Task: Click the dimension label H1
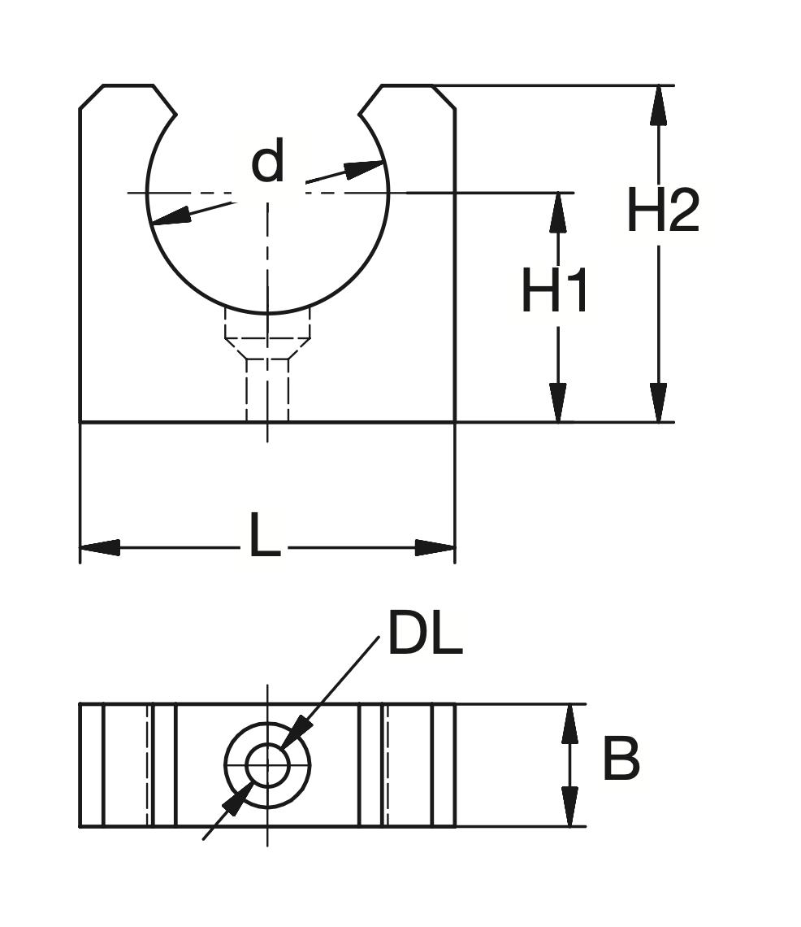click(x=555, y=292)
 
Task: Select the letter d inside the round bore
click(x=268, y=162)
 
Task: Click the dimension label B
click(x=621, y=761)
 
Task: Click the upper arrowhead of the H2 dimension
click(x=659, y=104)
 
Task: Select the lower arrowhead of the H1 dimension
click(x=558, y=403)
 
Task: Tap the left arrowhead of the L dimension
click(x=100, y=547)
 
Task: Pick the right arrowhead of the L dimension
click(x=435, y=547)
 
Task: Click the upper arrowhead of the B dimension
click(x=571, y=723)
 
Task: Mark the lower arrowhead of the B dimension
click(x=571, y=807)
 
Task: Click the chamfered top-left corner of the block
click(x=90, y=96)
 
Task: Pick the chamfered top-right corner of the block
click(x=444, y=96)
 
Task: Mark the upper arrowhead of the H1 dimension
click(x=558, y=211)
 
